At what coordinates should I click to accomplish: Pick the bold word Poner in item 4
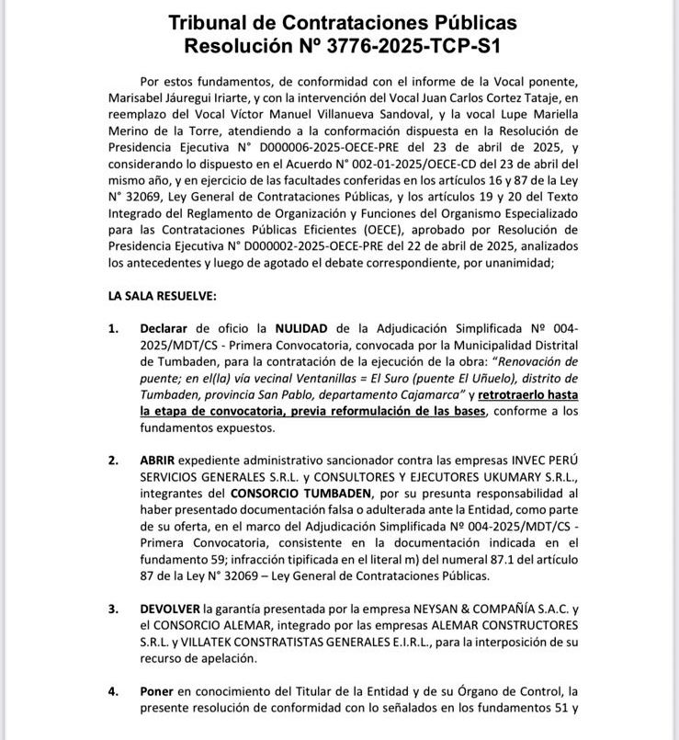[158, 690]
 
